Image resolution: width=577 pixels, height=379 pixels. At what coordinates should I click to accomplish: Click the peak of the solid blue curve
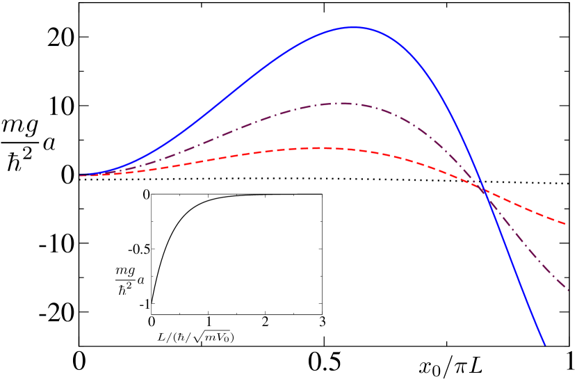[x=354, y=27]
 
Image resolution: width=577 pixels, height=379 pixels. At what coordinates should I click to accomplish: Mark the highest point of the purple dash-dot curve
[x=344, y=104]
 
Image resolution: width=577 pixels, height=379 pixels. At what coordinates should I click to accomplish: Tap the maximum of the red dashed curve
[x=320, y=148]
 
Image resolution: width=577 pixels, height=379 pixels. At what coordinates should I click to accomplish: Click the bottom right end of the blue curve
[x=544, y=344]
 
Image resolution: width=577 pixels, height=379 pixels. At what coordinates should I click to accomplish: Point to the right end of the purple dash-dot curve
[x=568, y=289]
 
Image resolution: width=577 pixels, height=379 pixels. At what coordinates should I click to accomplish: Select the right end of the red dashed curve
[x=566, y=224]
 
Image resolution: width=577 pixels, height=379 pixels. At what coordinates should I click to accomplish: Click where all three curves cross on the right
[x=485, y=191]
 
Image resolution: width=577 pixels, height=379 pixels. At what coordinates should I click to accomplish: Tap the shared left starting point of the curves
[x=81, y=175]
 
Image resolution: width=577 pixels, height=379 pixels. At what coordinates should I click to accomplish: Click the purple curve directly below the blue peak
[x=354, y=104]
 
